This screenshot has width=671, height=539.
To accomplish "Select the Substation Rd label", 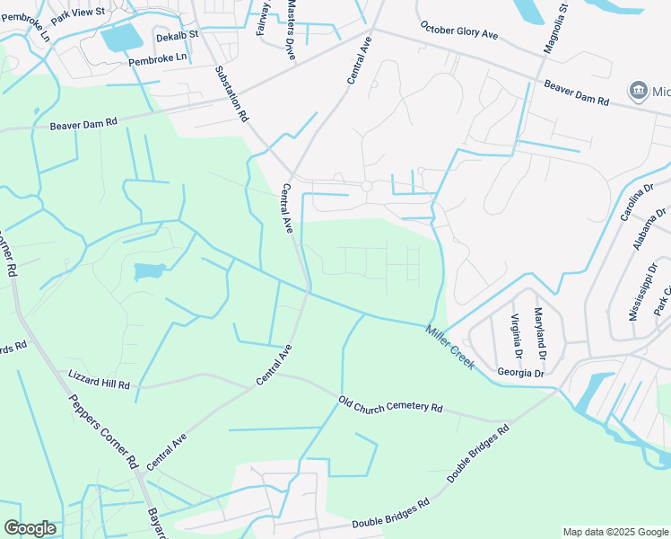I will point(231,93).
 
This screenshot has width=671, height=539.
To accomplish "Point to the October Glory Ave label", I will point(459,31).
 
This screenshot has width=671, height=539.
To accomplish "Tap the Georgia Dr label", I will point(521,373).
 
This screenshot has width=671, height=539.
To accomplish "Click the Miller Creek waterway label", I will point(450,347).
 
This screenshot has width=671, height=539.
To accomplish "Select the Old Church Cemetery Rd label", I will point(391,406).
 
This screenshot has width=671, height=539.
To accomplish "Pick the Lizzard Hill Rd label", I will point(100,379).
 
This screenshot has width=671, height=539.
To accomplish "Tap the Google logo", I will point(30,528).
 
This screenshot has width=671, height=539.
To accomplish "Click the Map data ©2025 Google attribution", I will point(615,532).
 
